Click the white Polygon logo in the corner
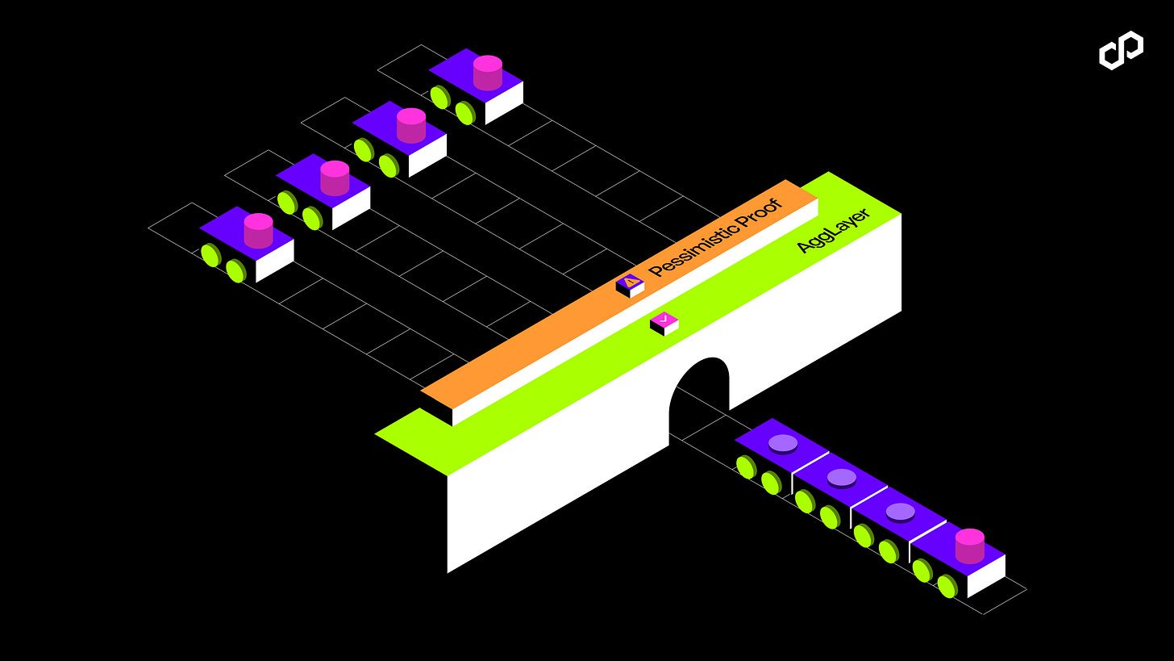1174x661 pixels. [x=1121, y=50]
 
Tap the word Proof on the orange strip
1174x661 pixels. [x=761, y=211]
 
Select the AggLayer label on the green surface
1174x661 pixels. [x=832, y=230]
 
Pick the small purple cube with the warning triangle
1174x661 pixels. [x=630, y=285]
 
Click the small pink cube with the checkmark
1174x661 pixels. [x=664, y=323]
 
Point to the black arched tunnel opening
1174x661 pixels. [x=698, y=395]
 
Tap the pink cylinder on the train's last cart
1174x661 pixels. [x=969, y=546]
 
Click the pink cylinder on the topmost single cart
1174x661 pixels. [x=487, y=73]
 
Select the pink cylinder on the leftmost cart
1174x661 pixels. [x=258, y=231]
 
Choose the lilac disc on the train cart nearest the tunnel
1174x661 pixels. [x=783, y=443]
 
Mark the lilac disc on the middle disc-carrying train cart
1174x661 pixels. [x=841, y=478]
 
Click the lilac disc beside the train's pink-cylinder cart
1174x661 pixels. [x=900, y=512]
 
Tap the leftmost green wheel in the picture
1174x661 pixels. [x=210, y=256]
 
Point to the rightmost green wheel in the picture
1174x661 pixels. [x=947, y=585]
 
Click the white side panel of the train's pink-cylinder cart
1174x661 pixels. [x=986, y=576]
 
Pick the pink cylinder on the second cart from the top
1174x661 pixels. [x=410, y=125]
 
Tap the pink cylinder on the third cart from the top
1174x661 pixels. [x=335, y=178]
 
